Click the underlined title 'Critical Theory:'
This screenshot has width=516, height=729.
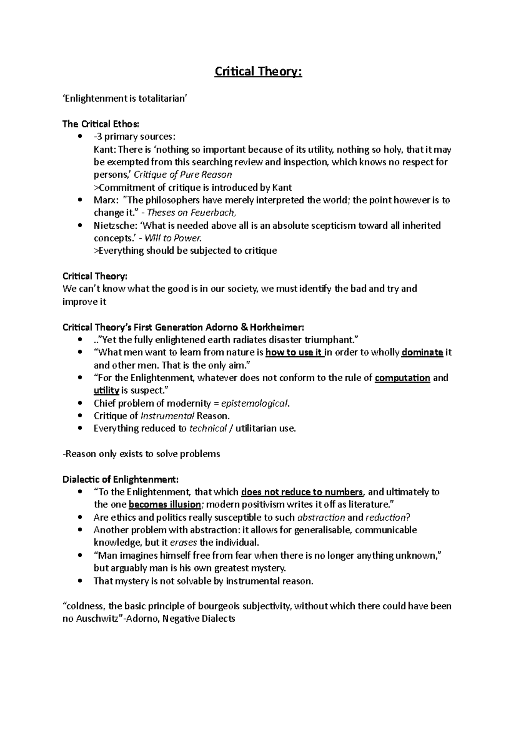click(258, 72)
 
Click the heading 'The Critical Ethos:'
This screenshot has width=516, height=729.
click(101, 125)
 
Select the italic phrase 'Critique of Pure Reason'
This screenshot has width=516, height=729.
click(183, 175)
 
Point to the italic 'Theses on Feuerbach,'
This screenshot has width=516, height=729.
click(192, 213)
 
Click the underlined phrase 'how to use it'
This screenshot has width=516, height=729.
click(294, 352)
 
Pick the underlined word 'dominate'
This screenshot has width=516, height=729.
click(422, 352)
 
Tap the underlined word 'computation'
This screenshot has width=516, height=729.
click(402, 378)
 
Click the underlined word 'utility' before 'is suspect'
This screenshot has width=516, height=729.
click(106, 391)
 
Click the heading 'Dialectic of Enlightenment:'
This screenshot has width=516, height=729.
click(120, 479)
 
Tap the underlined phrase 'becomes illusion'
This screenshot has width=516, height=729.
click(165, 504)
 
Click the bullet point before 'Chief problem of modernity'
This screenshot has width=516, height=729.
click(80, 404)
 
